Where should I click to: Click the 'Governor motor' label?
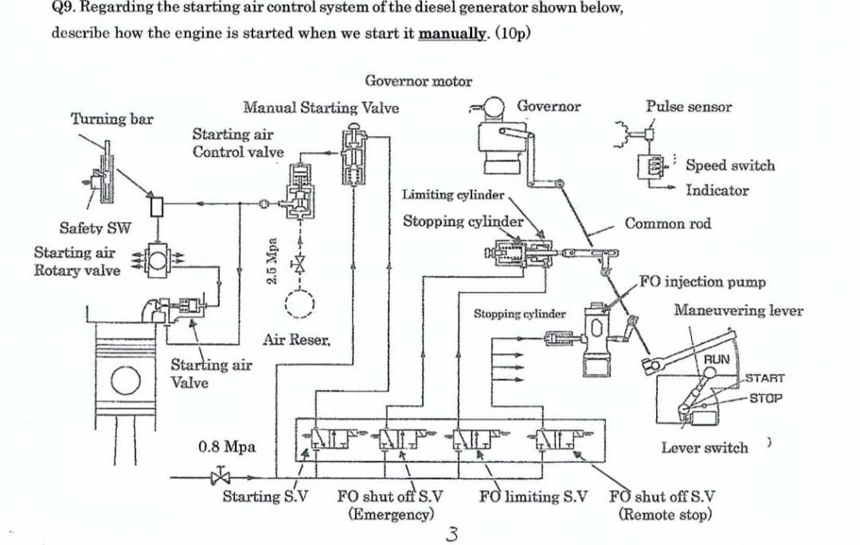coord(418,81)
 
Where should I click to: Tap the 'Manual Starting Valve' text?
coord(321,107)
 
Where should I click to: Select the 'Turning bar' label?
coord(111,119)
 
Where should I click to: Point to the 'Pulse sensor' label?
coord(689,107)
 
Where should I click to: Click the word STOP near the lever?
coord(765,397)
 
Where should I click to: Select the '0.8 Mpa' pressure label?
coord(226,446)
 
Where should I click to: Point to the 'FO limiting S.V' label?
coord(533,497)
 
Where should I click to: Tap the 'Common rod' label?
coord(667,224)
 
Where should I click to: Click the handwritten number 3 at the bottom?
coord(452,532)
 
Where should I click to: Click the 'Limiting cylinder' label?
coord(452,194)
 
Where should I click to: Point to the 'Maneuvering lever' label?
coord(737,310)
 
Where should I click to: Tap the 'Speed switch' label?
coord(729,165)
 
